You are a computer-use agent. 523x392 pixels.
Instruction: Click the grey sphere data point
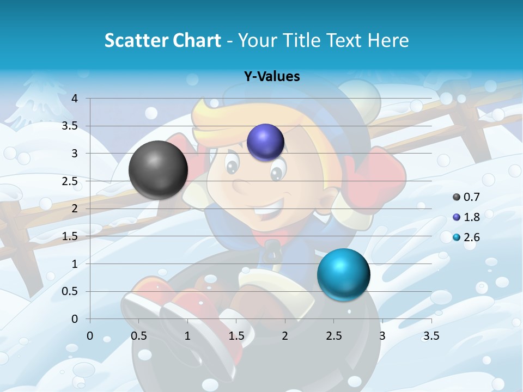[158, 170]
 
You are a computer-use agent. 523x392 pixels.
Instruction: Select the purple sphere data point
[265, 142]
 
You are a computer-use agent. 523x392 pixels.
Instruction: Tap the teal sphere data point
[343, 274]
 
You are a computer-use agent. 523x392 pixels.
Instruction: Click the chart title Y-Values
[272, 77]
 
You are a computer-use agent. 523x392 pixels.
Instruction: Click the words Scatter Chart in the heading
[162, 40]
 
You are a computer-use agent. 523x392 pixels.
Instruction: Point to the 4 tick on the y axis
[75, 99]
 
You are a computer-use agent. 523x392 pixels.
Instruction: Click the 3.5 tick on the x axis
[431, 336]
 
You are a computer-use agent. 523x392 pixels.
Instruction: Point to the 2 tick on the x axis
[285, 336]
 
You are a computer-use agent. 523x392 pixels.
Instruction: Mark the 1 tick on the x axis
[187, 336]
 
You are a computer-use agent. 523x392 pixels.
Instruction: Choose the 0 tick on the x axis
[90, 336]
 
